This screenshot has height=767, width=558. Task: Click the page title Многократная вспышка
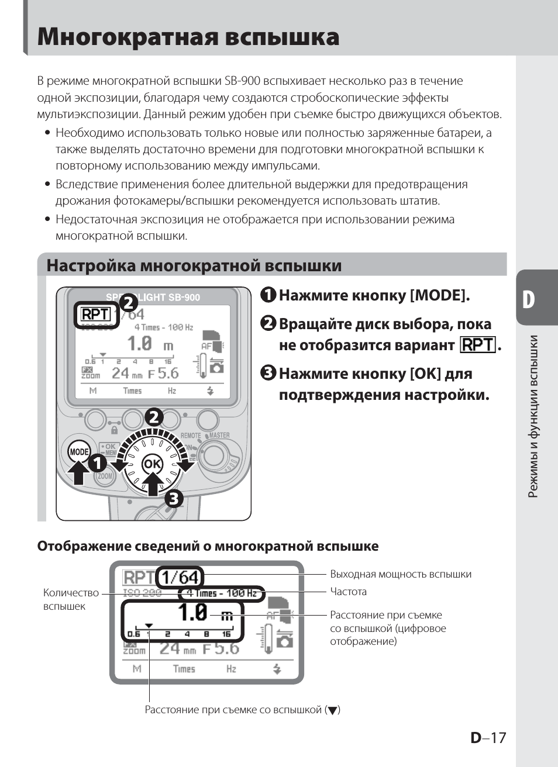pyautogui.click(x=188, y=37)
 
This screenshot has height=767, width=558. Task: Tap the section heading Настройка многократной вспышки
pyautogui.click(x=194, y=266)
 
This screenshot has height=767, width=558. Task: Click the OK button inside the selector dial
pyautogui.click(x=152, y=464)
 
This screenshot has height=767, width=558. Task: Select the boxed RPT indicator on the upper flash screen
pyautogui.click(x=96, y=315)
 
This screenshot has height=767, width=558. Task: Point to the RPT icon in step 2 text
pyautogui.click(x=478, y=345)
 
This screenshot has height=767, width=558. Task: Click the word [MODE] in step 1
pyautogui.click(x=439, y=295)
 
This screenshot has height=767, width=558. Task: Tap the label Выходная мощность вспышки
pyautogui.click(x=400, y=574)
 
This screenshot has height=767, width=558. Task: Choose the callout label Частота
pyautogui.click(x=348, y=592)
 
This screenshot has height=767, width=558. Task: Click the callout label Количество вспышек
pyautogui.click(x=70, y=599)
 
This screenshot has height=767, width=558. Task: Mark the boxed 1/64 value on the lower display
pyautogui.click(x=180, y=578)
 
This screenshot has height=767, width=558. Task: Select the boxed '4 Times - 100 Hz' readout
pyautogui.click(x=221, y=593)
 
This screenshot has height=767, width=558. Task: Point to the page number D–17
pyautogui.click(x=488, y=737)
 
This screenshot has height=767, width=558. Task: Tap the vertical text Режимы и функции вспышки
pyautogui.click(x=532, y=416)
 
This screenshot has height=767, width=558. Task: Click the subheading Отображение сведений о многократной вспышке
pyautogui.click(x=208, y=546)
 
